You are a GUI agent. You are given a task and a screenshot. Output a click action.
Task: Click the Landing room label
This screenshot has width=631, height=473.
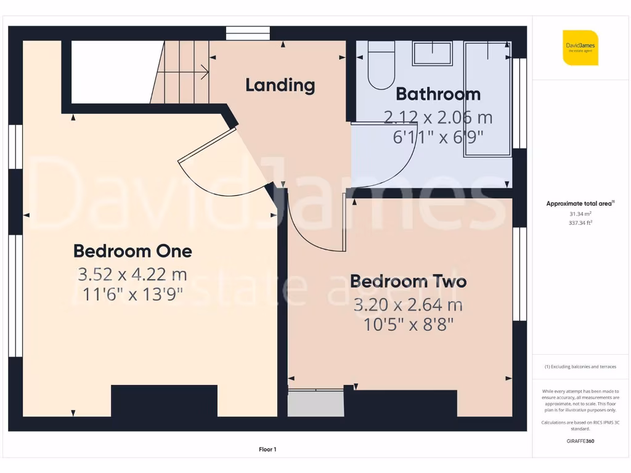coord(280,85)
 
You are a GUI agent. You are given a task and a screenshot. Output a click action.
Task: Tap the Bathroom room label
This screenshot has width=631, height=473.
coord(438,94)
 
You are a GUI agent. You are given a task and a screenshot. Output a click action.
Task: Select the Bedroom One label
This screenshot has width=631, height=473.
coord(132,251)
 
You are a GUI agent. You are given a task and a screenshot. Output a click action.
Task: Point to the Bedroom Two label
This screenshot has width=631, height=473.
coord(409,281)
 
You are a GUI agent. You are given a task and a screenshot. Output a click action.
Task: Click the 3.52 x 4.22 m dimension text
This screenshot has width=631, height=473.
coord(132,273)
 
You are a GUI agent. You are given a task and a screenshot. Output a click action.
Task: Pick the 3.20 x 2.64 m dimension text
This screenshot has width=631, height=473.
coord(409,304)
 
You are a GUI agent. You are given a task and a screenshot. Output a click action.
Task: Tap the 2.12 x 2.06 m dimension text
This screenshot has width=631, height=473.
coord(438,116)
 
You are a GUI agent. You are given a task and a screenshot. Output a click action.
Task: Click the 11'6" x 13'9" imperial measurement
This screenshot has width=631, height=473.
coord(132,294)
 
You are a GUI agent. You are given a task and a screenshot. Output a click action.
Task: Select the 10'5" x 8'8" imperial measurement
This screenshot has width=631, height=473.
coord(409,325)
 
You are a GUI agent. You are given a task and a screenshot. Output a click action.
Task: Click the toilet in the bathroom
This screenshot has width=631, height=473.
coord(381,65)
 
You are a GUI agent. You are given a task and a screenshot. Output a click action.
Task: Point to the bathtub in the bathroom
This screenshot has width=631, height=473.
coord(488,99)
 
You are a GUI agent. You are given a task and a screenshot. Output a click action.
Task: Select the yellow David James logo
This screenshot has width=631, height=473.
coord(580,47)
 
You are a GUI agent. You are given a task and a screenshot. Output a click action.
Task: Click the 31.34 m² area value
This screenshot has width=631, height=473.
coord(580,214)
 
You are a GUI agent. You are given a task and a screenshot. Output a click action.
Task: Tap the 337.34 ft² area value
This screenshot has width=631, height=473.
coord(580,223)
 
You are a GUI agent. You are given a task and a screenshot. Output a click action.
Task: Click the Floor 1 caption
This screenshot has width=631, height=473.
coord(267,450)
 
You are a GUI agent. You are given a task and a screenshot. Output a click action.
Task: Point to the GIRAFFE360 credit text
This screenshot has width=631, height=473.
coord(580,441)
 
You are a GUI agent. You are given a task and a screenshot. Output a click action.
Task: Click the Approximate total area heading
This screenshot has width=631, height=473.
coord(580,203)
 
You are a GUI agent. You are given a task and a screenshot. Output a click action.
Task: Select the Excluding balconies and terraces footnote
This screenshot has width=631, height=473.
coord(580,366)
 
